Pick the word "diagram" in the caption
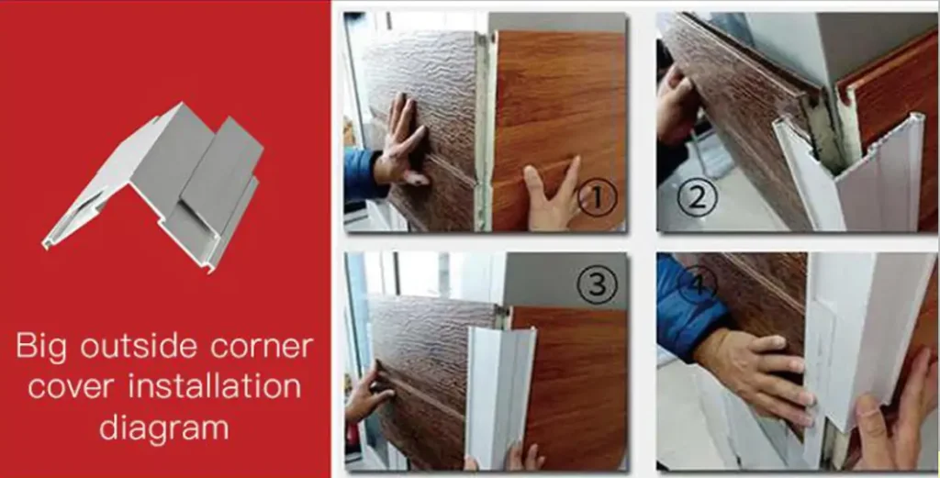pos(163,428)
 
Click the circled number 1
pos(597,196)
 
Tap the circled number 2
pos(698,196)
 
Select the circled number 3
pos(597,285)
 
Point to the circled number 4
pos(698,283)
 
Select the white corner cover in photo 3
pos(499,395)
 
